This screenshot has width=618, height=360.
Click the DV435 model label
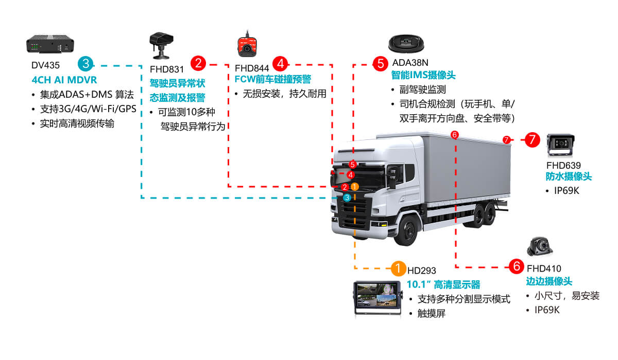pyautogui.click(x=45, y=66)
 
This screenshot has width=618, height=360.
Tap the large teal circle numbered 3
pyautogui.click(x=85, y=64)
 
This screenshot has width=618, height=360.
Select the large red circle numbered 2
pyautogui.click(x=198, y=63)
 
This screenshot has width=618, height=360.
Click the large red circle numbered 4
pyautogui.click(x=280, y=63)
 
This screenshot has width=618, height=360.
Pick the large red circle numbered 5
pyautogui.click(x=381, y=63)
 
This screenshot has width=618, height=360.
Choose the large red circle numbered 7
pyautogui.click(x=533, y=139)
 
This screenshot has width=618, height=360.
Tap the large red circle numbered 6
pyautogui.click(x=516, y=266)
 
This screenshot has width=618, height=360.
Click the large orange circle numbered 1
pyautogui.click(x=398, y=268)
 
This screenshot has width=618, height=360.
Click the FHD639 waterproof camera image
pyautogui.click(x=560, y=146)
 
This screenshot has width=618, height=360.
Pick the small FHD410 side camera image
pyautogui.click(x=540, y=247)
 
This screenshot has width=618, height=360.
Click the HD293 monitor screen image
pyautogui.click(x=377, y=299)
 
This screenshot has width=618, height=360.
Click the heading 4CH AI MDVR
pyautogui.click(x=64, y=80)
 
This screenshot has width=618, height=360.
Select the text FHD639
pyautogui.click(x=563, y=166)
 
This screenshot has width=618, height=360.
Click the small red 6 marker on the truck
pyautogui.click(x=454, y=135)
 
